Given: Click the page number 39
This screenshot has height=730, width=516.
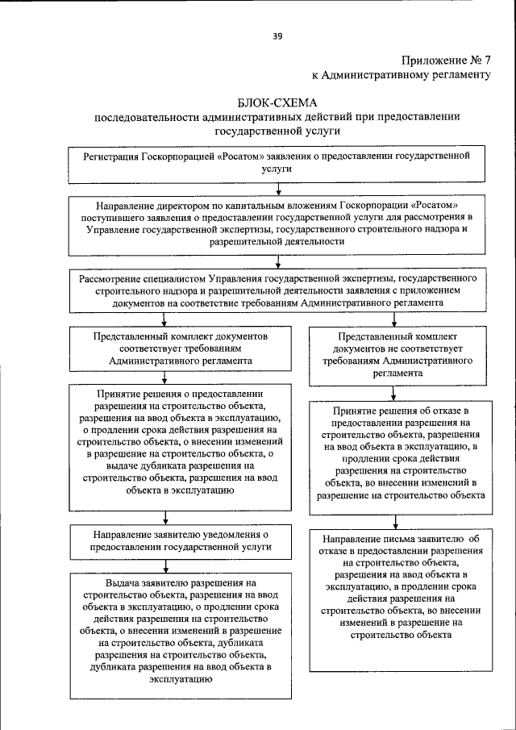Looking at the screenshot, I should (x=277, y=36).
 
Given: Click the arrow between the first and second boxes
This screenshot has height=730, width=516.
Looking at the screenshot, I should (x=278, y=189).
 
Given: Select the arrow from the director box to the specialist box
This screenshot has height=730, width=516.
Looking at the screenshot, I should (x=278, y=261).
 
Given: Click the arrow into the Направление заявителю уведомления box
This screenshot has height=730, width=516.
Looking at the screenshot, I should (x=165, y=517).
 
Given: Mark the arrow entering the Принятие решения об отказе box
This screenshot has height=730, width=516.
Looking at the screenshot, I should (x=393, y=393).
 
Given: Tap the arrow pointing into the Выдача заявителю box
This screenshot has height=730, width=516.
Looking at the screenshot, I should (x=165, y=564).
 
